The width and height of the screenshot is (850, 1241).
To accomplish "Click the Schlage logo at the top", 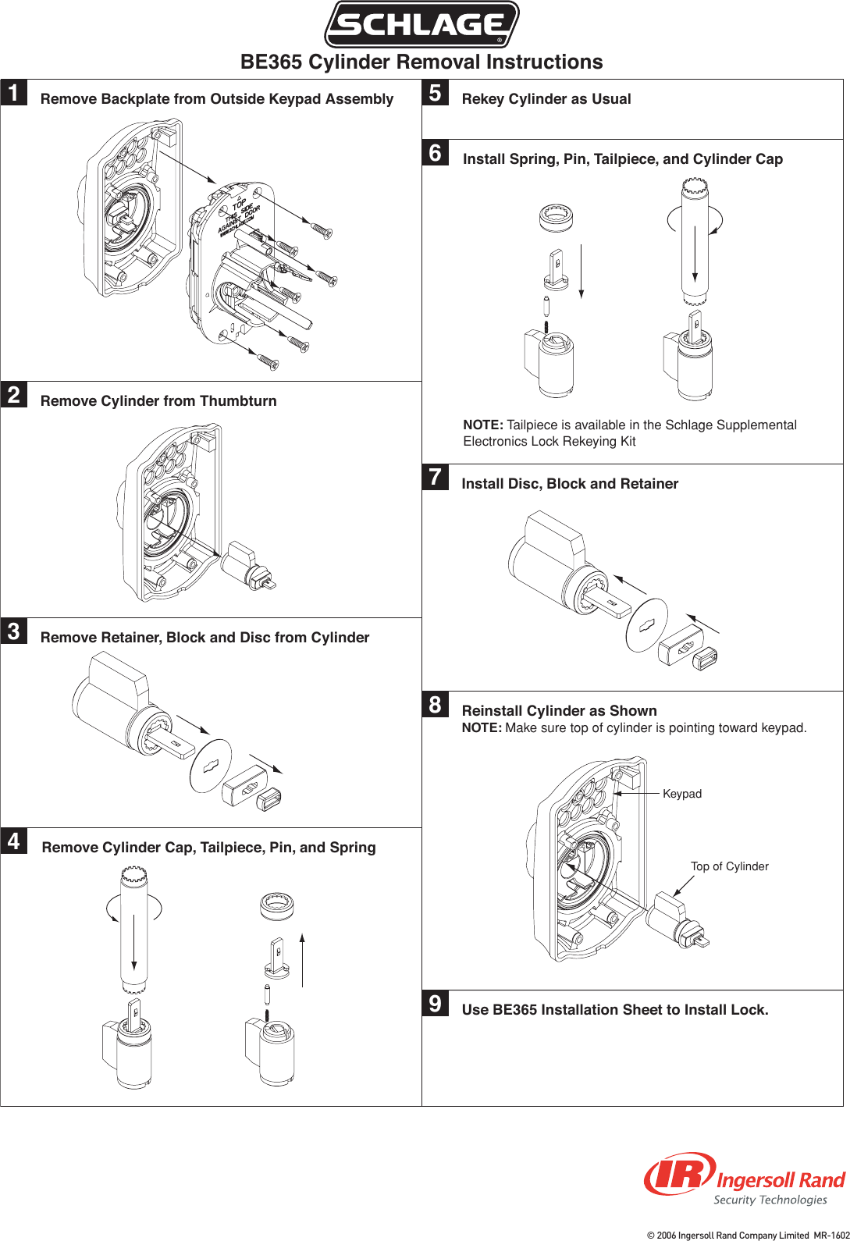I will [421, 24].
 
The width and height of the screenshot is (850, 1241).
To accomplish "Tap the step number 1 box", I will [14, 92].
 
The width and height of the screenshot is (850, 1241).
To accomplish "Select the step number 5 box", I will [436, 92].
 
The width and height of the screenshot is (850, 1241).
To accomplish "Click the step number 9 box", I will [436, 1003].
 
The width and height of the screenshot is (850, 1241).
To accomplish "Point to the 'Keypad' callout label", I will [681, 794].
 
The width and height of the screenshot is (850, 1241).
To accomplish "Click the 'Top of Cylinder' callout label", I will [729, 866].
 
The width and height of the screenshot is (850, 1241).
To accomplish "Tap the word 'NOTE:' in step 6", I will [483, 425].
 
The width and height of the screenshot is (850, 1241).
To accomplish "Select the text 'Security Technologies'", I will [770, 1200].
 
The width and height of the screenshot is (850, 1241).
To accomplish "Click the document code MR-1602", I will [831, 1235].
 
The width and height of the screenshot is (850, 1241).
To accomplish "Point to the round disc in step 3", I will [211, 766].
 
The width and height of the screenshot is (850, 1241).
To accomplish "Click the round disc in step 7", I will [647, 626].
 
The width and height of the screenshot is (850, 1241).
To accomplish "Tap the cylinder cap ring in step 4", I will [276, 906].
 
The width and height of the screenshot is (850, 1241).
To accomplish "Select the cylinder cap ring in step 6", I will [556, 217].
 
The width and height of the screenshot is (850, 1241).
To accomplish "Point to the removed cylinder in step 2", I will [250, 567].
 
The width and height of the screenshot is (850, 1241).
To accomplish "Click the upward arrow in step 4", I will [302, 959].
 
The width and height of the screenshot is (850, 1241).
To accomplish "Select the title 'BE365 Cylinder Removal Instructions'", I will [421, 62].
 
